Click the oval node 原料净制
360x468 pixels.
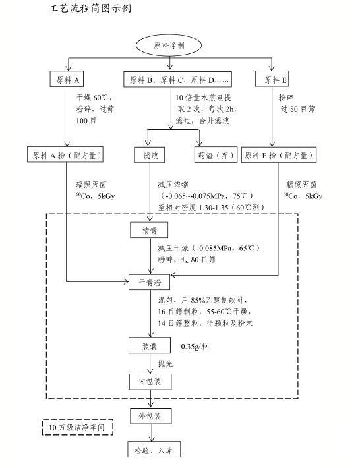click(169, 45)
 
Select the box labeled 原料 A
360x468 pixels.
click(67, 79)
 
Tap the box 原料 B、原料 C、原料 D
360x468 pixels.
click(177, 79)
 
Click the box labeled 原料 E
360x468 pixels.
click(272, 79)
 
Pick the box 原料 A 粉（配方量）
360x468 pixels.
click(65, 155)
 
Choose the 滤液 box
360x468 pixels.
click(149, 155)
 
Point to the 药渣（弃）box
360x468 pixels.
click(216, 155)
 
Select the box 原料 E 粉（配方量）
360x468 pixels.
click(279, 155)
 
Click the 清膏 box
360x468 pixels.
click(149, 230)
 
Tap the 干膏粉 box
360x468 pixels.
click(149, 282)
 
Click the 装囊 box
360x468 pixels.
click(150, 345)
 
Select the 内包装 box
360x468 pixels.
click(150, 382)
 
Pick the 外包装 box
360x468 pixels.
click(151, 416)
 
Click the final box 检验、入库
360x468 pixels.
click(154, 450)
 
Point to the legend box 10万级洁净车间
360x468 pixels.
click(78, 427)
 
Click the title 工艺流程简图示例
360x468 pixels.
click(90, 8)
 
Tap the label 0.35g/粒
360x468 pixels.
click(195, 347)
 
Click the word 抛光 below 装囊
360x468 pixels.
click(165, 364)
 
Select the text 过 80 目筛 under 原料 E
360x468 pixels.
click(297, 109)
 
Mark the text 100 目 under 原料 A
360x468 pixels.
click(86, 121)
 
